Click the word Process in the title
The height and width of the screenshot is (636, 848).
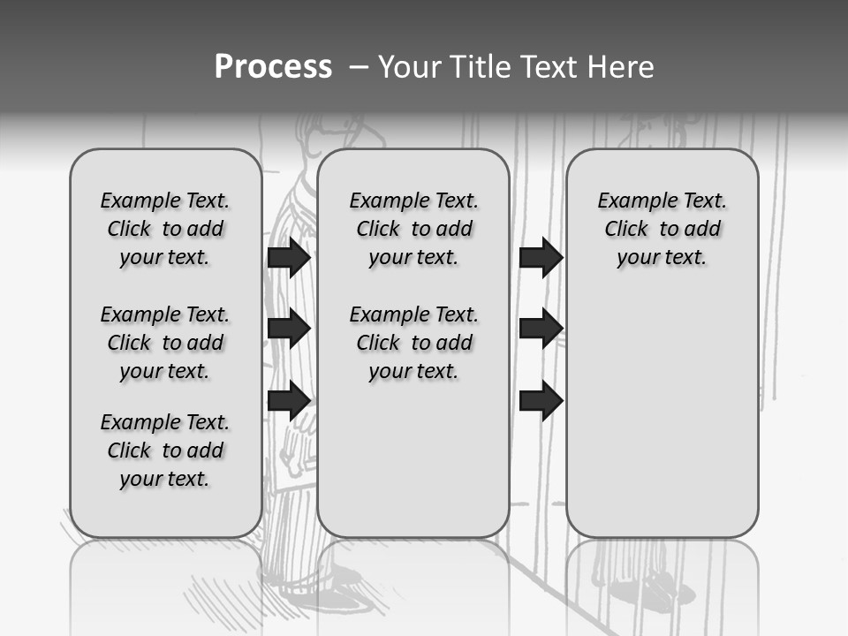coord(273,67)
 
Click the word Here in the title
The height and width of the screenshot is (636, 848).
coord(620,67)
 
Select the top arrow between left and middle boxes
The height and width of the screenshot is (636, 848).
coord(289,257)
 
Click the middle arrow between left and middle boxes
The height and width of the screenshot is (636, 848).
coord(289,329)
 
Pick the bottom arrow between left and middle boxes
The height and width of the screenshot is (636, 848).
coord(289,400)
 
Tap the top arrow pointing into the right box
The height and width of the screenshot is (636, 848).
coord(541,257)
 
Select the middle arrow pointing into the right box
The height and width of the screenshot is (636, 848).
coord(541,329)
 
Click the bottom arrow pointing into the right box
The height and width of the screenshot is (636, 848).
coord(541,400)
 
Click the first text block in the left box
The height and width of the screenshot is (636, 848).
coord(165,229)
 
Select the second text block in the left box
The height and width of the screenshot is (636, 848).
coord(165,343)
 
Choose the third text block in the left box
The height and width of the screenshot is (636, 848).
coord(165,450)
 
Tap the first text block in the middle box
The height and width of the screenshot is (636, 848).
coord(414,229)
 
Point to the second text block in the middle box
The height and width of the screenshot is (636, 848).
coord(414,343)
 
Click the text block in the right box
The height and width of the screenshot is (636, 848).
coord(662,229)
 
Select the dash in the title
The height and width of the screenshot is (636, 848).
coord(359,67)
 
